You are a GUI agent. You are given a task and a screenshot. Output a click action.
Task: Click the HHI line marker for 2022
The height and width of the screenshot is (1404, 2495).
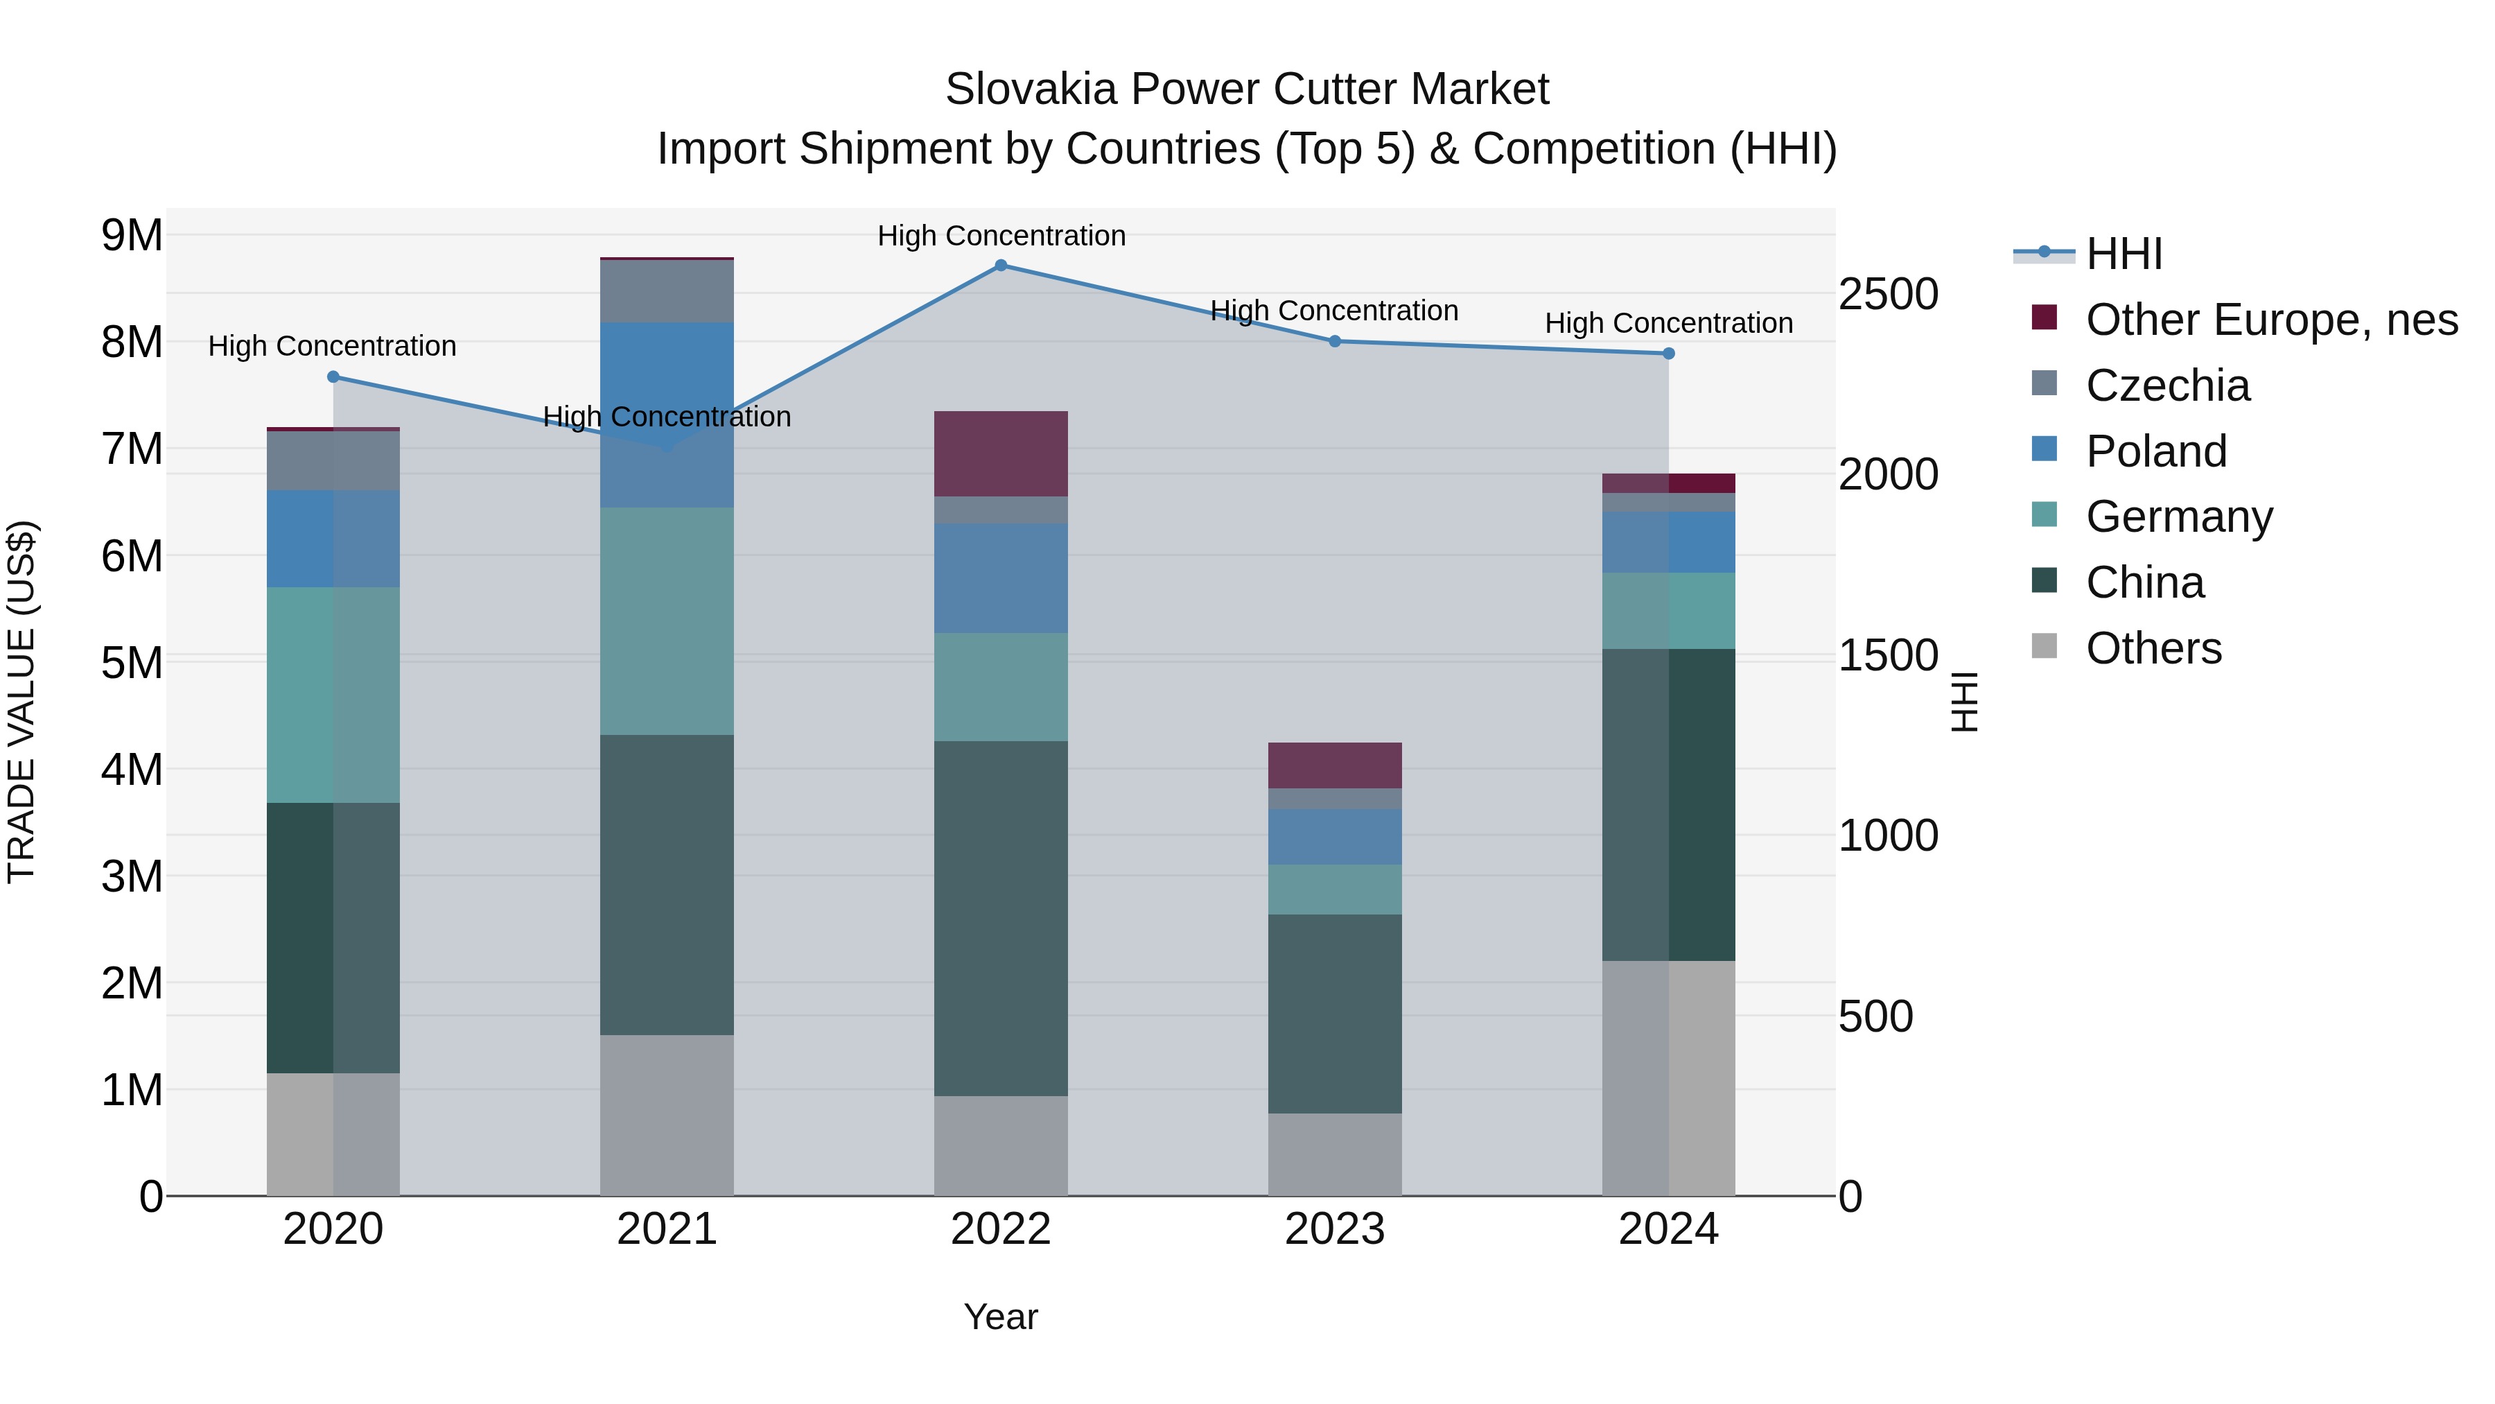1001,265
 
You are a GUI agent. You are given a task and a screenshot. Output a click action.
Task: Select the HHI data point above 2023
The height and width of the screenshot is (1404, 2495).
1335,341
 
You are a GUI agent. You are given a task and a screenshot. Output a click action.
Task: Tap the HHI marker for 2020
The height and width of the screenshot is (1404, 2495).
333,377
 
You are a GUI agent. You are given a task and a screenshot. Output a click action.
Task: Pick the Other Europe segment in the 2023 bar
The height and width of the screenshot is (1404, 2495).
1335,765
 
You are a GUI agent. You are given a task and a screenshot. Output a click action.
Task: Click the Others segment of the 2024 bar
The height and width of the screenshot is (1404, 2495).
1668,1077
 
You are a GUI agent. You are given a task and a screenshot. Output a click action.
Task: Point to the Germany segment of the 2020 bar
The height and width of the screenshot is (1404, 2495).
333,694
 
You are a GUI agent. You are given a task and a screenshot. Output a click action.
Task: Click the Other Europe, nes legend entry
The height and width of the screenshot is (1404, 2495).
2271,320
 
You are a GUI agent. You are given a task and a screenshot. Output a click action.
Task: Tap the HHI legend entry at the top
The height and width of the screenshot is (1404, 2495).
2123,254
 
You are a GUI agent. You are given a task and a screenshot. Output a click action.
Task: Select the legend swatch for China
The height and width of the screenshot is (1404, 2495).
2045,582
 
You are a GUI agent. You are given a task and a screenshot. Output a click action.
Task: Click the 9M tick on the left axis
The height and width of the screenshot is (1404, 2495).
132,236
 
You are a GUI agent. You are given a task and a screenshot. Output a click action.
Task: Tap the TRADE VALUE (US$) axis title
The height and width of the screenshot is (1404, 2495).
21,702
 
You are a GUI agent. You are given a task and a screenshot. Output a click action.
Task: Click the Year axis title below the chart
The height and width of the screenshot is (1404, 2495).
1001,1317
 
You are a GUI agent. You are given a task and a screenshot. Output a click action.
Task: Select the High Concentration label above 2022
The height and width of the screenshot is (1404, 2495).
1001,236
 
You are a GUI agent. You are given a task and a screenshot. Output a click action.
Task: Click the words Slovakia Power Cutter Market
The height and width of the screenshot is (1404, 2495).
1247,89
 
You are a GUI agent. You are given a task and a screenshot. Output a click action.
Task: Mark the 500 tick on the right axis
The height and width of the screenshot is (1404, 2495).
1875,1016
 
